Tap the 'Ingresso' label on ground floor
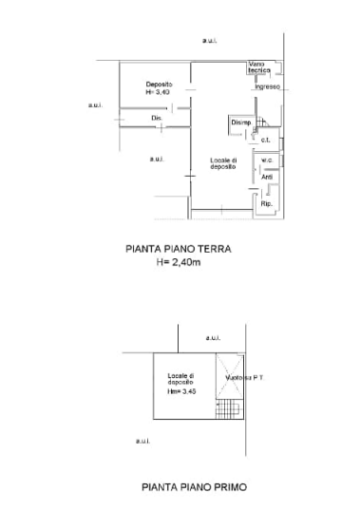coord(267,87)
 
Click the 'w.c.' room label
coord(267,160)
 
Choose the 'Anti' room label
coord(267,177)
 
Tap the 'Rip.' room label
coord(266,202)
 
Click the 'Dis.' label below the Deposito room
coord(156,118)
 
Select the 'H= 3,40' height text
coord(158,93)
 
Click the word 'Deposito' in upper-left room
coord(158,84)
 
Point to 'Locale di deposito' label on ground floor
coord(222,164)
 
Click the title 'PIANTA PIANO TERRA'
coord(180,250)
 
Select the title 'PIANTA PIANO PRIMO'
coord(194,486)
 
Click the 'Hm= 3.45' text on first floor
coord(180,391)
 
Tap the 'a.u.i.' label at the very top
coord(210,40)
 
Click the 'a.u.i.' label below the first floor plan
coord(142,440)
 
